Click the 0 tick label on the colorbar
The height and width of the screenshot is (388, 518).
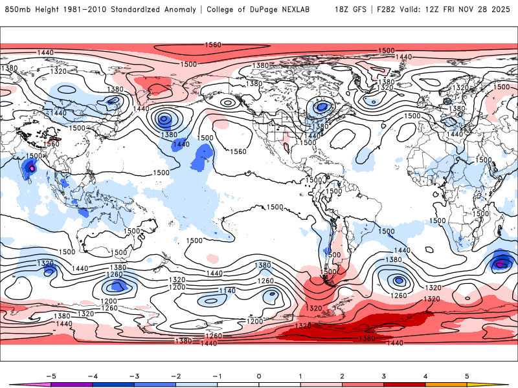click(x=258, y=375)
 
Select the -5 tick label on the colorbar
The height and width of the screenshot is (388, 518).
click(x=49, y=375)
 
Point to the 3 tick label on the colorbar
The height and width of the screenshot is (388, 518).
click(x=384, y=375)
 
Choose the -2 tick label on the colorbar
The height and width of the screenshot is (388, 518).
click(x=174, y=375)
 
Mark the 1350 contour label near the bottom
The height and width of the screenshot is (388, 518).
click(x=368, y=338)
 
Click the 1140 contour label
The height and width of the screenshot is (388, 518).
click(x=227, y=291)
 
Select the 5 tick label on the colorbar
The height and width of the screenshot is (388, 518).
click(x=467, y=375)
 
